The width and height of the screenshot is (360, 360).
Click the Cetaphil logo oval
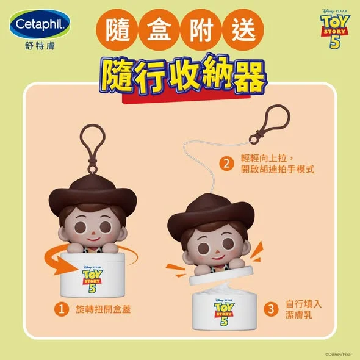click(x=40, y=24)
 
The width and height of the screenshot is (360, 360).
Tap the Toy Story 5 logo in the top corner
click(x=335, y=29)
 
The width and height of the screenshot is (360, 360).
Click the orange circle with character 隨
click(x=117, y=30)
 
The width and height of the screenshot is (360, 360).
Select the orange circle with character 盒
click(x=159, y=30)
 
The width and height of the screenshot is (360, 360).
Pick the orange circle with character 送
click(x=243, y=30)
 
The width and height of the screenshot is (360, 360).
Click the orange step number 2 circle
click(x=226, y=164)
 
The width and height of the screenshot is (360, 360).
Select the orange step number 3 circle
click(x=271, y=309)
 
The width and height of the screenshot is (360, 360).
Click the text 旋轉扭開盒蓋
click(x=103, y=309)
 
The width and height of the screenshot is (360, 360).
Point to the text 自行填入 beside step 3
click(x=303, y=304)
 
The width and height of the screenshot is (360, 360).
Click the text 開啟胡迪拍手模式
click(x=278, y=170)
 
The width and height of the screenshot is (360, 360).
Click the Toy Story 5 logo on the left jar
click(x=92, y=279)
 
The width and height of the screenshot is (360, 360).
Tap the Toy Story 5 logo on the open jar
click(x=224, y=312)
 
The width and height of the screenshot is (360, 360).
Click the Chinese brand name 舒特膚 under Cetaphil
click(x=40, y=46)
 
